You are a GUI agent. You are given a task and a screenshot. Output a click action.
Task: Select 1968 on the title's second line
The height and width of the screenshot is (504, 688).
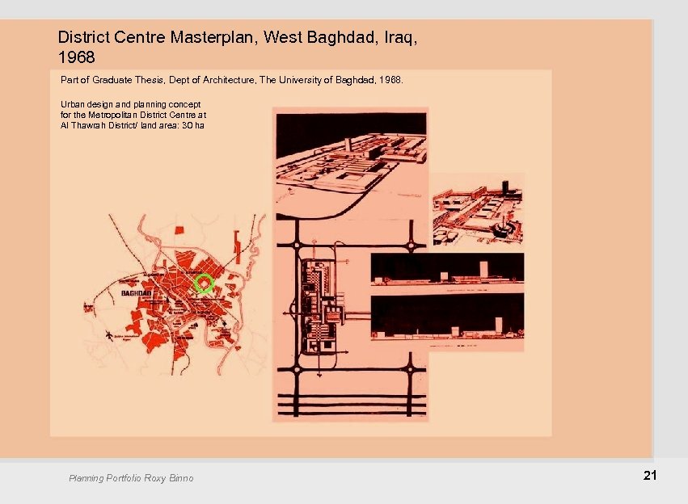[x=76, y=58]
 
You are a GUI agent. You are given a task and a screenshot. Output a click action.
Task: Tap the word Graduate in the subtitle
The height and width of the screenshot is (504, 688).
[x=108, y=81]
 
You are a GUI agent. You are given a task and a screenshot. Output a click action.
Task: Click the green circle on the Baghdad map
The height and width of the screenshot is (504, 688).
[x=204, y=283]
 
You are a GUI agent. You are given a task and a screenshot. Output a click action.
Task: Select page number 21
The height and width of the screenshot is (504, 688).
[x=649, y=476]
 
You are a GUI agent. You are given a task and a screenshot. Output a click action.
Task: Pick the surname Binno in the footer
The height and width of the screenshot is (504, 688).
[x=180, y=478]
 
